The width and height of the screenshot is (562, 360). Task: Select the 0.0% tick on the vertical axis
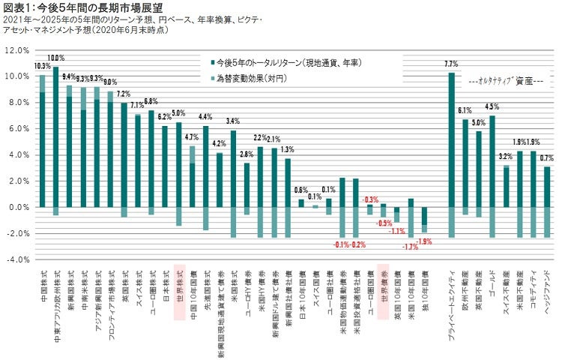click(x=18, y=207)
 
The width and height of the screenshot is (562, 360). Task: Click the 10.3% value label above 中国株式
click(x=42, y=66)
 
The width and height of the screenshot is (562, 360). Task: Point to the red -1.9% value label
click(x=425, y=241)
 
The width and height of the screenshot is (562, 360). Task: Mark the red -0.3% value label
click(x=370, y=199)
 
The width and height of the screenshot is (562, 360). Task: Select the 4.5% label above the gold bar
click(x=492, y=106)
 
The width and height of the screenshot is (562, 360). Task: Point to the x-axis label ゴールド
click(x=492, y=282)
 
